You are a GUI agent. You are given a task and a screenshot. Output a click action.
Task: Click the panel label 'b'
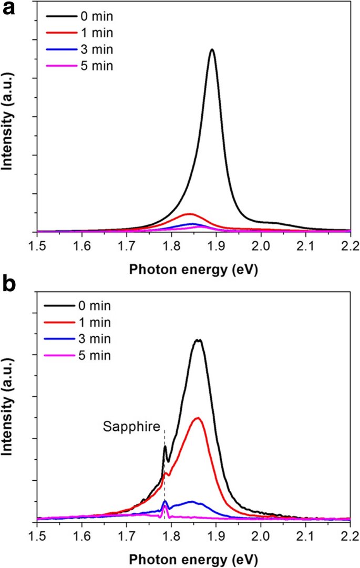pos(9,284)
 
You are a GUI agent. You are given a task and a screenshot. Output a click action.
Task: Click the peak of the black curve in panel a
pos(212,49)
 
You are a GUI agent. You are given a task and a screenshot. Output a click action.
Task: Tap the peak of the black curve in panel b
pos(198,340)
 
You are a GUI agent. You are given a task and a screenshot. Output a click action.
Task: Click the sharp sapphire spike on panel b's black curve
pos(165,447)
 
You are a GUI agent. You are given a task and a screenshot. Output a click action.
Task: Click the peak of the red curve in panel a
pos(189,214)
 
